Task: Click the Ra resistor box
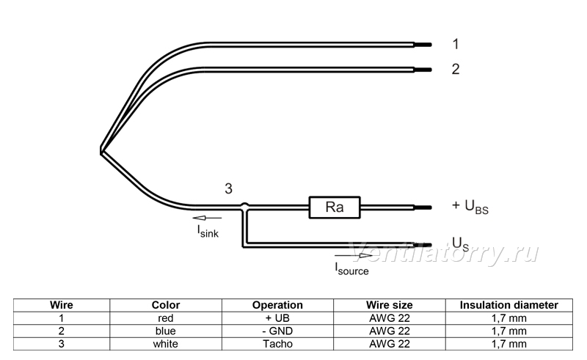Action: click(x=335, y=207)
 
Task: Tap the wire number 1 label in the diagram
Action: click(x=455, y=44)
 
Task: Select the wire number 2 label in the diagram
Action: click(x=455, y=69)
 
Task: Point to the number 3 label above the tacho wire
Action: click(x=228, y=188)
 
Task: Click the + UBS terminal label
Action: click(x=470, y=207)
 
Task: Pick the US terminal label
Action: click(x=460, y=244)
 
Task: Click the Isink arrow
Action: click(x=207, y=218)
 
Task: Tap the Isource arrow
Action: click(x=354, y=256)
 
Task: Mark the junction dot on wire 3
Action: click(x=244, y=206)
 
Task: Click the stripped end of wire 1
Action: click(x=423, y=45)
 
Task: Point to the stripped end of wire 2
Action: click(x=423, y=70)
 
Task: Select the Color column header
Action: click(x=166, y=305)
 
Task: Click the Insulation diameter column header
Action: click(x=508, y=305)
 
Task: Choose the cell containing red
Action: click(x=166, y=318)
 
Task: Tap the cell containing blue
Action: click(x=166, y=331)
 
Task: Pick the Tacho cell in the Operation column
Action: click(x=277, y=344)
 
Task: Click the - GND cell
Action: click(x=277, y=331)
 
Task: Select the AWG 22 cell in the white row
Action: click(x=390, y=344)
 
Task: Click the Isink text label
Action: click(x=208, y=231)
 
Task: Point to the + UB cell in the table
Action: click(x=277, y=318)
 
